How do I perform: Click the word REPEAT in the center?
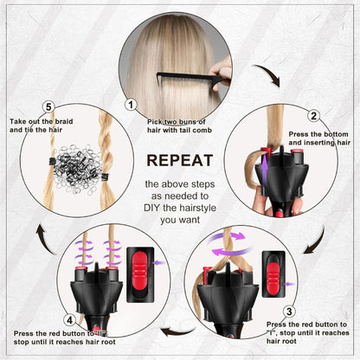coord(179,160)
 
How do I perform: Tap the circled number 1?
coord(131,105)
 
